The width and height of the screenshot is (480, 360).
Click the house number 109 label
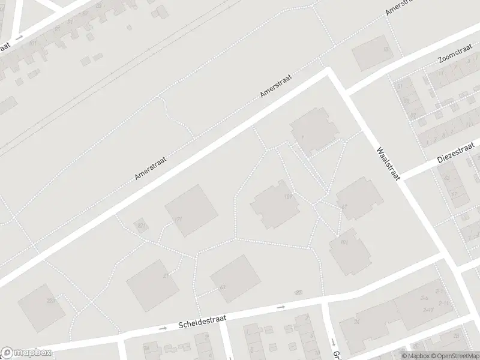click(x=288, y=197)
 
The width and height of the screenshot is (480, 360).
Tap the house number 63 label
click(x=223, y=287)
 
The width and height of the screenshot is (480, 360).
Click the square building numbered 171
click(x=191, y=211)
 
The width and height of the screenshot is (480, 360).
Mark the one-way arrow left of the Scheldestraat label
click(x=163, y=328)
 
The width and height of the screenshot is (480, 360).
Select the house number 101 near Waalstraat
click(x=344, y=242)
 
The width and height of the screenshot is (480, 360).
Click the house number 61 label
click(x=344, y=207)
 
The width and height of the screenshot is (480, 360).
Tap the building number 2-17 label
click(x=428, y=310)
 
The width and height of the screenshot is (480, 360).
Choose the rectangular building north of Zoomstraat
click(x=370, y=52)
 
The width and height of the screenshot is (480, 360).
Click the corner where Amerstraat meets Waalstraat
click(x=328, y=70)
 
